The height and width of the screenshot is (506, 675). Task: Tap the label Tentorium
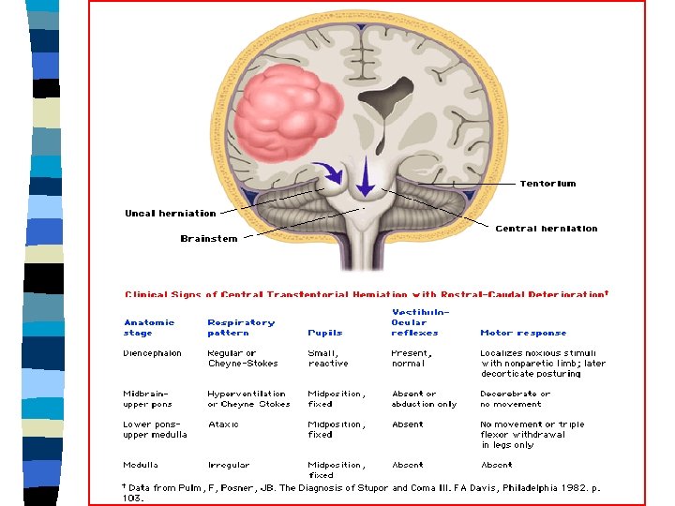pos(547,184)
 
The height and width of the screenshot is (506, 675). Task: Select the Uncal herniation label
pos(170,214)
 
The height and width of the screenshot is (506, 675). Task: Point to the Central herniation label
pos(546,229)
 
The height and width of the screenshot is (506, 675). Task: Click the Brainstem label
pos(208,239)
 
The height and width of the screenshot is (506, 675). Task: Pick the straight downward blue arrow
pos(366,176)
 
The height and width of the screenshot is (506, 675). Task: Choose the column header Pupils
pos(324,333)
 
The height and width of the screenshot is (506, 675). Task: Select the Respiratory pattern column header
pos(241,327)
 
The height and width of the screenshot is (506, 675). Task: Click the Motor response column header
pos(523,333)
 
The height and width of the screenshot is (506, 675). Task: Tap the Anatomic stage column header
pos(149,327)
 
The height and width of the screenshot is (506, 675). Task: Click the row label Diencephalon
pos(152,353)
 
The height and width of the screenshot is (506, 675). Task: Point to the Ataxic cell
pos(223,424)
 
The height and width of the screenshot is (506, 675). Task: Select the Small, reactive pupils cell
pos(327,358)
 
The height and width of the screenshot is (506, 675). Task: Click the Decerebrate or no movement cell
pos(515,398)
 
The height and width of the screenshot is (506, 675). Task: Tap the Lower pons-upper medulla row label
pos(155,429)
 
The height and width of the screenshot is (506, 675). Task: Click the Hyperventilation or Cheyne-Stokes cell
pos(248,398)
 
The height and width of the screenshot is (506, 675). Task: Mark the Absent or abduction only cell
pos(424,398)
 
